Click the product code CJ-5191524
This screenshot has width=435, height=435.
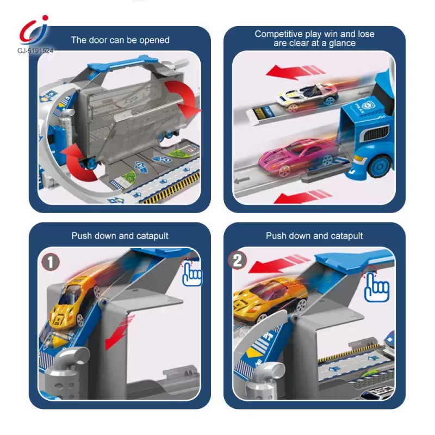pyautogui.click(x=35, y=51)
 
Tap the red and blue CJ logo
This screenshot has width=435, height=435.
pyautogui.click(x=34, y=30)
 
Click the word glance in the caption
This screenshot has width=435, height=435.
pyautogui.click(x=342, y=43)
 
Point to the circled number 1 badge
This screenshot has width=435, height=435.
pyautogui.click(x=51, y=262)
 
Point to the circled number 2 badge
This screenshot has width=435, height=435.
pyautogui.click(x=237, y=260)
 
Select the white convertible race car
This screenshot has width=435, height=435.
pyautogui.click(x=308, y=96)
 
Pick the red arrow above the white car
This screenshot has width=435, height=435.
pyautogui.click(x=295, y=72)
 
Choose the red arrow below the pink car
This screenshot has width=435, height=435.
pyautogui.click(x=302, y=197)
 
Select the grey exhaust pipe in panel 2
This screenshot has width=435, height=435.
pyautogui.click(x=264, y=378)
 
